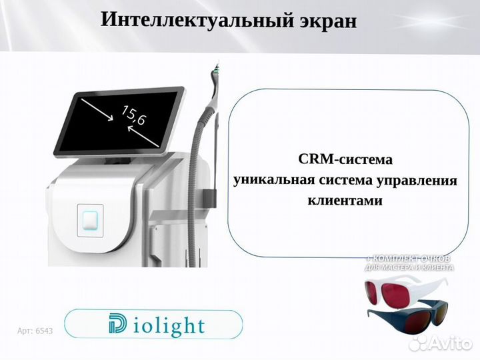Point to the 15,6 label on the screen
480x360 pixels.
(134, 116)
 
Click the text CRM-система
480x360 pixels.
(344, 160)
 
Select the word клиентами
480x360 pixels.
(344, 200)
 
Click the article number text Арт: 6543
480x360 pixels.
(35, 331)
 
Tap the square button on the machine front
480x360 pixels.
(89, 218)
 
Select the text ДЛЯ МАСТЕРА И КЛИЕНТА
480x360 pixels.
(409, 267)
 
